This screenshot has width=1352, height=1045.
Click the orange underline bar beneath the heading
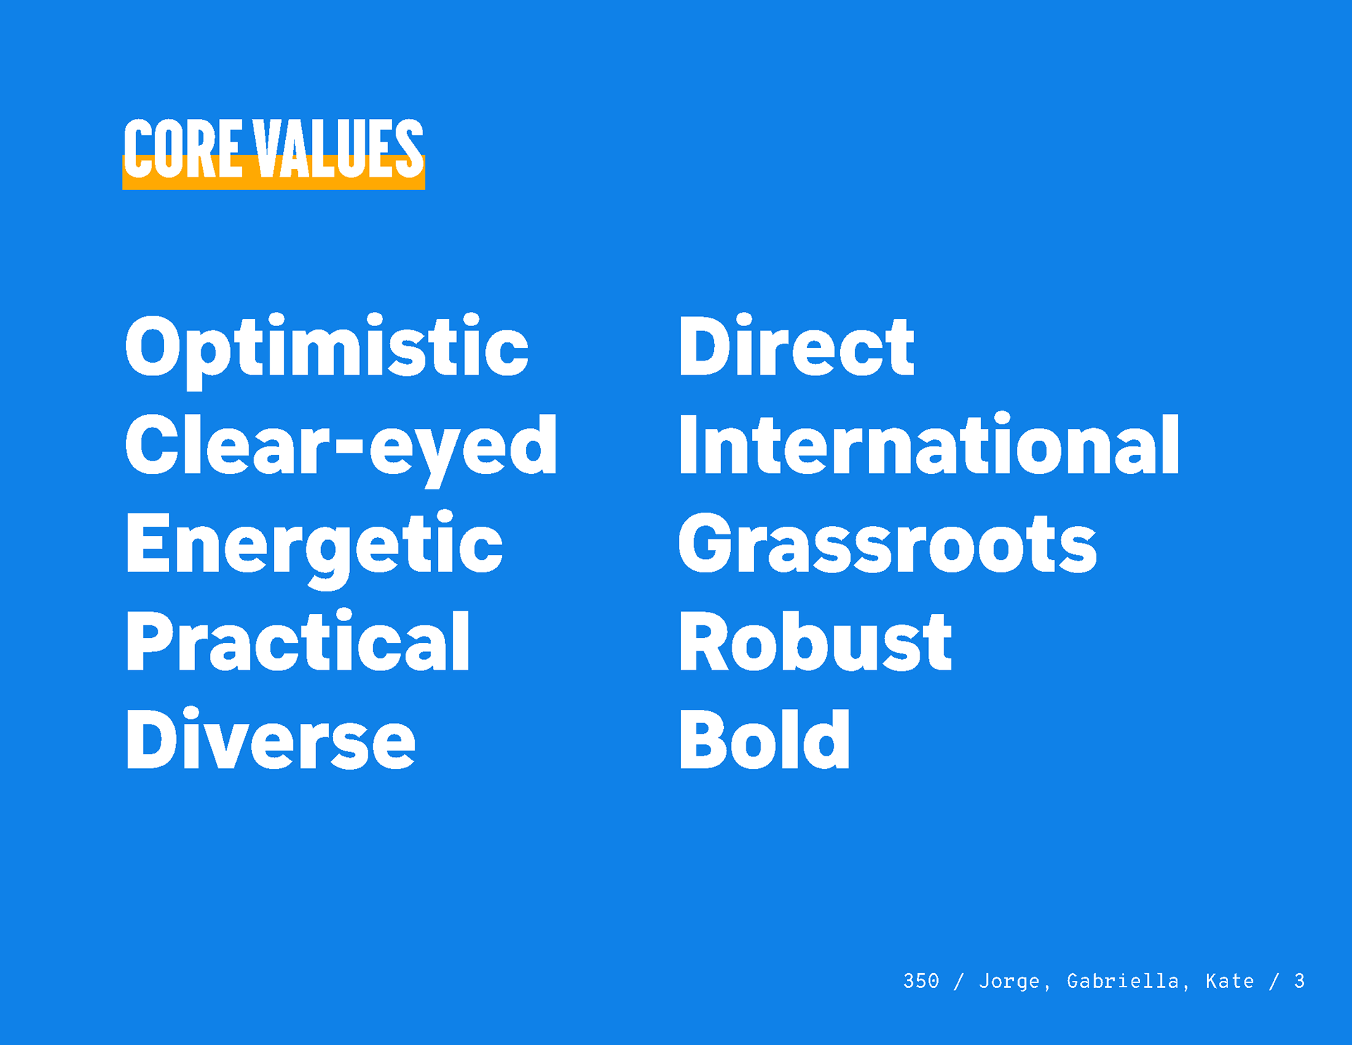click(274, 180)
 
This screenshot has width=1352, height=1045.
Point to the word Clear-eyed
click(341, 449)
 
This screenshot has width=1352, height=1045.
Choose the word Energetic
click(314, 547)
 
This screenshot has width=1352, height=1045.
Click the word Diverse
click(270, 739)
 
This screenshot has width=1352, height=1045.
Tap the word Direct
click(796, 345)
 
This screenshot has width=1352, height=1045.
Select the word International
click(929, 444)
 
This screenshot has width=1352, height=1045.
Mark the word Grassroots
click(887, 542)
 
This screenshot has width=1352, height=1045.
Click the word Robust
click(815, 641)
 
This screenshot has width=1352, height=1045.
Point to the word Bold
click(765, 739)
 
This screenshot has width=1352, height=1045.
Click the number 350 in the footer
click(921, 981)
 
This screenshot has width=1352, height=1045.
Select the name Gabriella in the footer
click(1123, 981)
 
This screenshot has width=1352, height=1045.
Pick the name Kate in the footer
click(1229, 981)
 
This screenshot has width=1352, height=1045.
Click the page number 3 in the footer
click(1299, 981)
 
